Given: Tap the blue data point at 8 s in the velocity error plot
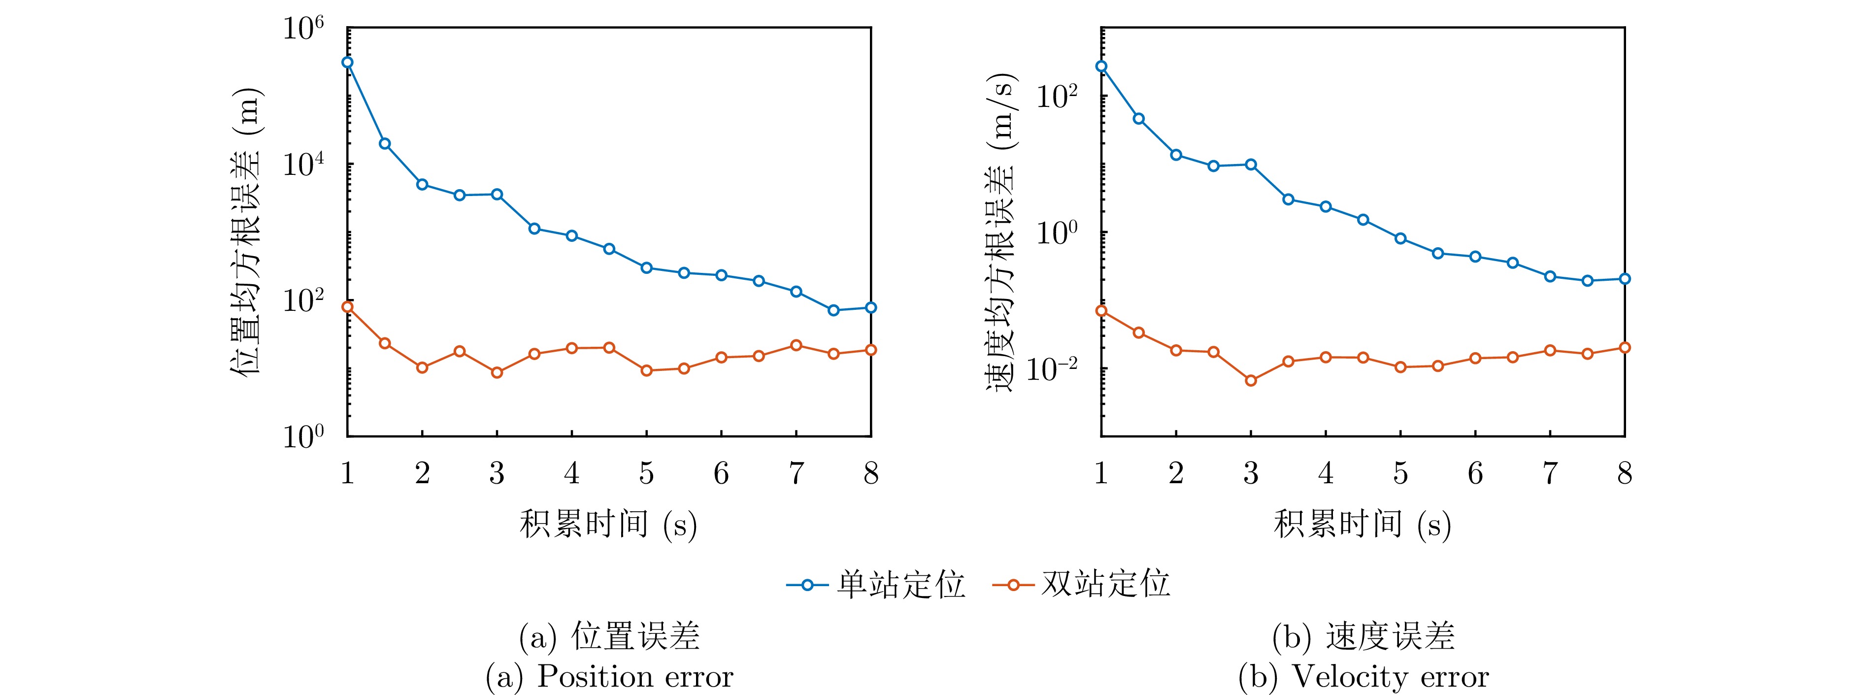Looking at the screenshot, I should point(1624,279).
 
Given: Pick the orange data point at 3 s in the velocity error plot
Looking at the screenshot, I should point(1251,381).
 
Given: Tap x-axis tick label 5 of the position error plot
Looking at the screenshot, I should point(646,474).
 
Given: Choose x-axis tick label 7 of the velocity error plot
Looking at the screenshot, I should point(1550,474).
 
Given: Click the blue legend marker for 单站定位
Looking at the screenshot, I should point(807,585).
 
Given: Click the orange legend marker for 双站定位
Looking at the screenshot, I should point(1013,585).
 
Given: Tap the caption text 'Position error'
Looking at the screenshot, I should point(634,677).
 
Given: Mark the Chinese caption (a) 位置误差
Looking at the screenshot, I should point(609,636).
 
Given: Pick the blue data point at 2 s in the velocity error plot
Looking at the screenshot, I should point(1176,155).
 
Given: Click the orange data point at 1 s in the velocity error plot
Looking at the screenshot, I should point(1101,311).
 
